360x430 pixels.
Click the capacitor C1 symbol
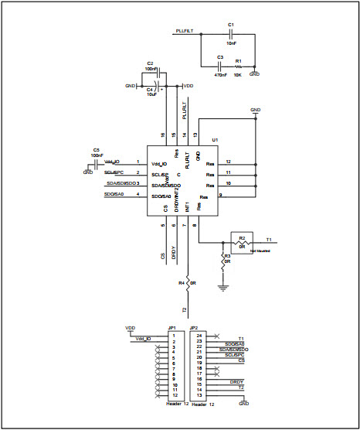click(231, 35)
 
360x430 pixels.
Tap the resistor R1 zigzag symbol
click(238, 67)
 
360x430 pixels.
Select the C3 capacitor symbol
click(220, 67)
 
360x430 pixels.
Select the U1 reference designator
click(215, 140)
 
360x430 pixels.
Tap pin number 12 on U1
click(229, 162)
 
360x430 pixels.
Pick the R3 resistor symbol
click(224, 261)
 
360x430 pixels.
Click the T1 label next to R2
click(268, 239)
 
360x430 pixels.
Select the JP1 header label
click(172, 328)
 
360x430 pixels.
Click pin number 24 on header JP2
click(199, 335)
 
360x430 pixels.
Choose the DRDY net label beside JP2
click(237, 381)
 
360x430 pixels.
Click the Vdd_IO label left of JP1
click(143, 340)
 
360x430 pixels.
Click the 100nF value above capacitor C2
click(150, 69)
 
